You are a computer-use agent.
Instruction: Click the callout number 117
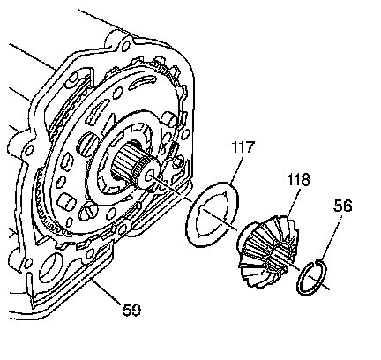(x=243, y=147)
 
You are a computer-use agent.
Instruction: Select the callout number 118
(x=298, y=179)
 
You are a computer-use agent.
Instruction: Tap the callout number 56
(x=343, y=206)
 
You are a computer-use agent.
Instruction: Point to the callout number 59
(x=132, y=310)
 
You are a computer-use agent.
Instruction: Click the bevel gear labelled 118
(x=266, y=251)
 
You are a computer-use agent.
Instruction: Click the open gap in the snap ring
(x=316, y=261)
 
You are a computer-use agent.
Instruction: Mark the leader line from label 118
(x=293, y=203)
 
